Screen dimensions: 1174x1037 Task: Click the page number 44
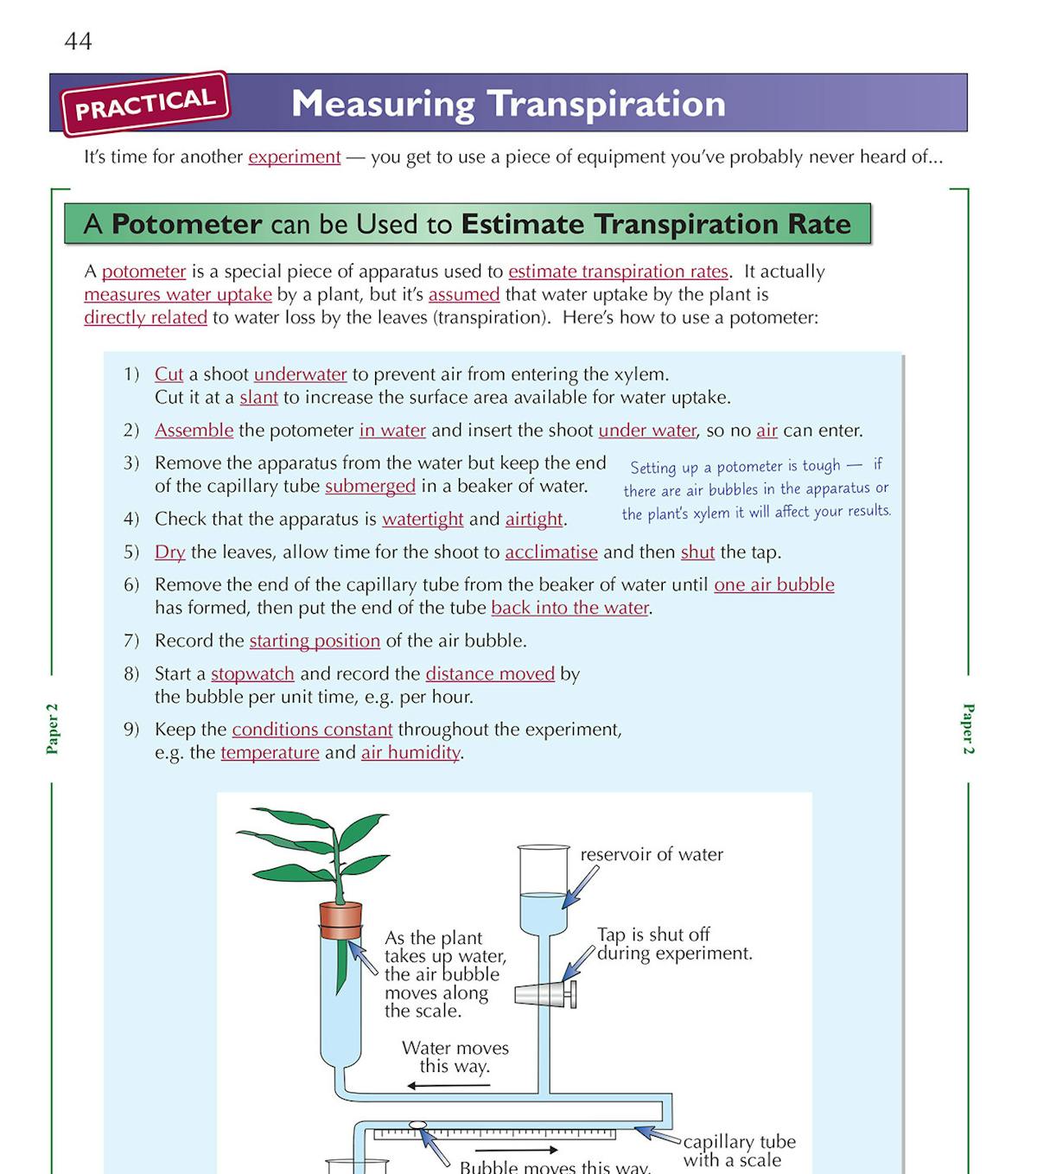tap(78, 41)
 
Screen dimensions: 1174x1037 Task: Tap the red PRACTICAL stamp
tap(144, 104)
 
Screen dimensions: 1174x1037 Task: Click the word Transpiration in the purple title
tap(606, 104)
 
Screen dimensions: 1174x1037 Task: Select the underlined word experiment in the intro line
tap(294, 156)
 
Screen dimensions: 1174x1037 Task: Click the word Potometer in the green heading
tap(186, 224)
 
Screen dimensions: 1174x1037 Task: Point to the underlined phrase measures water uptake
tap(177, 294)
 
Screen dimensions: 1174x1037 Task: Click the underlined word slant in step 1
tap(258, 397)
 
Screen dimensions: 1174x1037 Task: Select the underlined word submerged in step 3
tap(370, 486)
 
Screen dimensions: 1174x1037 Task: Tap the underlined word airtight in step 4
tap(534, 519)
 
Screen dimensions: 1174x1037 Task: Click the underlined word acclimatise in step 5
tap(550, 552)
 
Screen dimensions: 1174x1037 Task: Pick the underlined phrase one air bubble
tap(773, 584)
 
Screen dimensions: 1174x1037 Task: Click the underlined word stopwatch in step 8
tap(252, 673)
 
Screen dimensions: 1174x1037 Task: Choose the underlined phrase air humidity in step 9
tap(410, 752)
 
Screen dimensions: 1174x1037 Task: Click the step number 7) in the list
tap(131, 641)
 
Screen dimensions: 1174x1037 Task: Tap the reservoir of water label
tap(651, 854)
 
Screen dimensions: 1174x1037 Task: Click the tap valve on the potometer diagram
tap(544, 994)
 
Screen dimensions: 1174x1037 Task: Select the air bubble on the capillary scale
tap(418, 1126)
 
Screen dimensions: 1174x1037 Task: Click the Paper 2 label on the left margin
tap(53, 728)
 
